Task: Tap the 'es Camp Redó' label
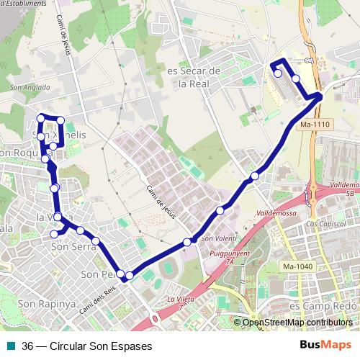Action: (x=323, y=305)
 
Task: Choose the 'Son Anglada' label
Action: (x=30, y=88)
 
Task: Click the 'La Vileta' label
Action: (x=181, y=299)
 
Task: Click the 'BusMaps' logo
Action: (x=326, y=345)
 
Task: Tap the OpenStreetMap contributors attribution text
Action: (x=297, y=323)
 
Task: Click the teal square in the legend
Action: (x=12, y=345)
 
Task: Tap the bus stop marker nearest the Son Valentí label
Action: (x=187, y=242)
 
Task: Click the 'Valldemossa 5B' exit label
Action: (x=343, y=189)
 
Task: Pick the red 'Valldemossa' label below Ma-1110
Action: (x=277, y=214)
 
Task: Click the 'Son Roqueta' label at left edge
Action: (x=22, y=153)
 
